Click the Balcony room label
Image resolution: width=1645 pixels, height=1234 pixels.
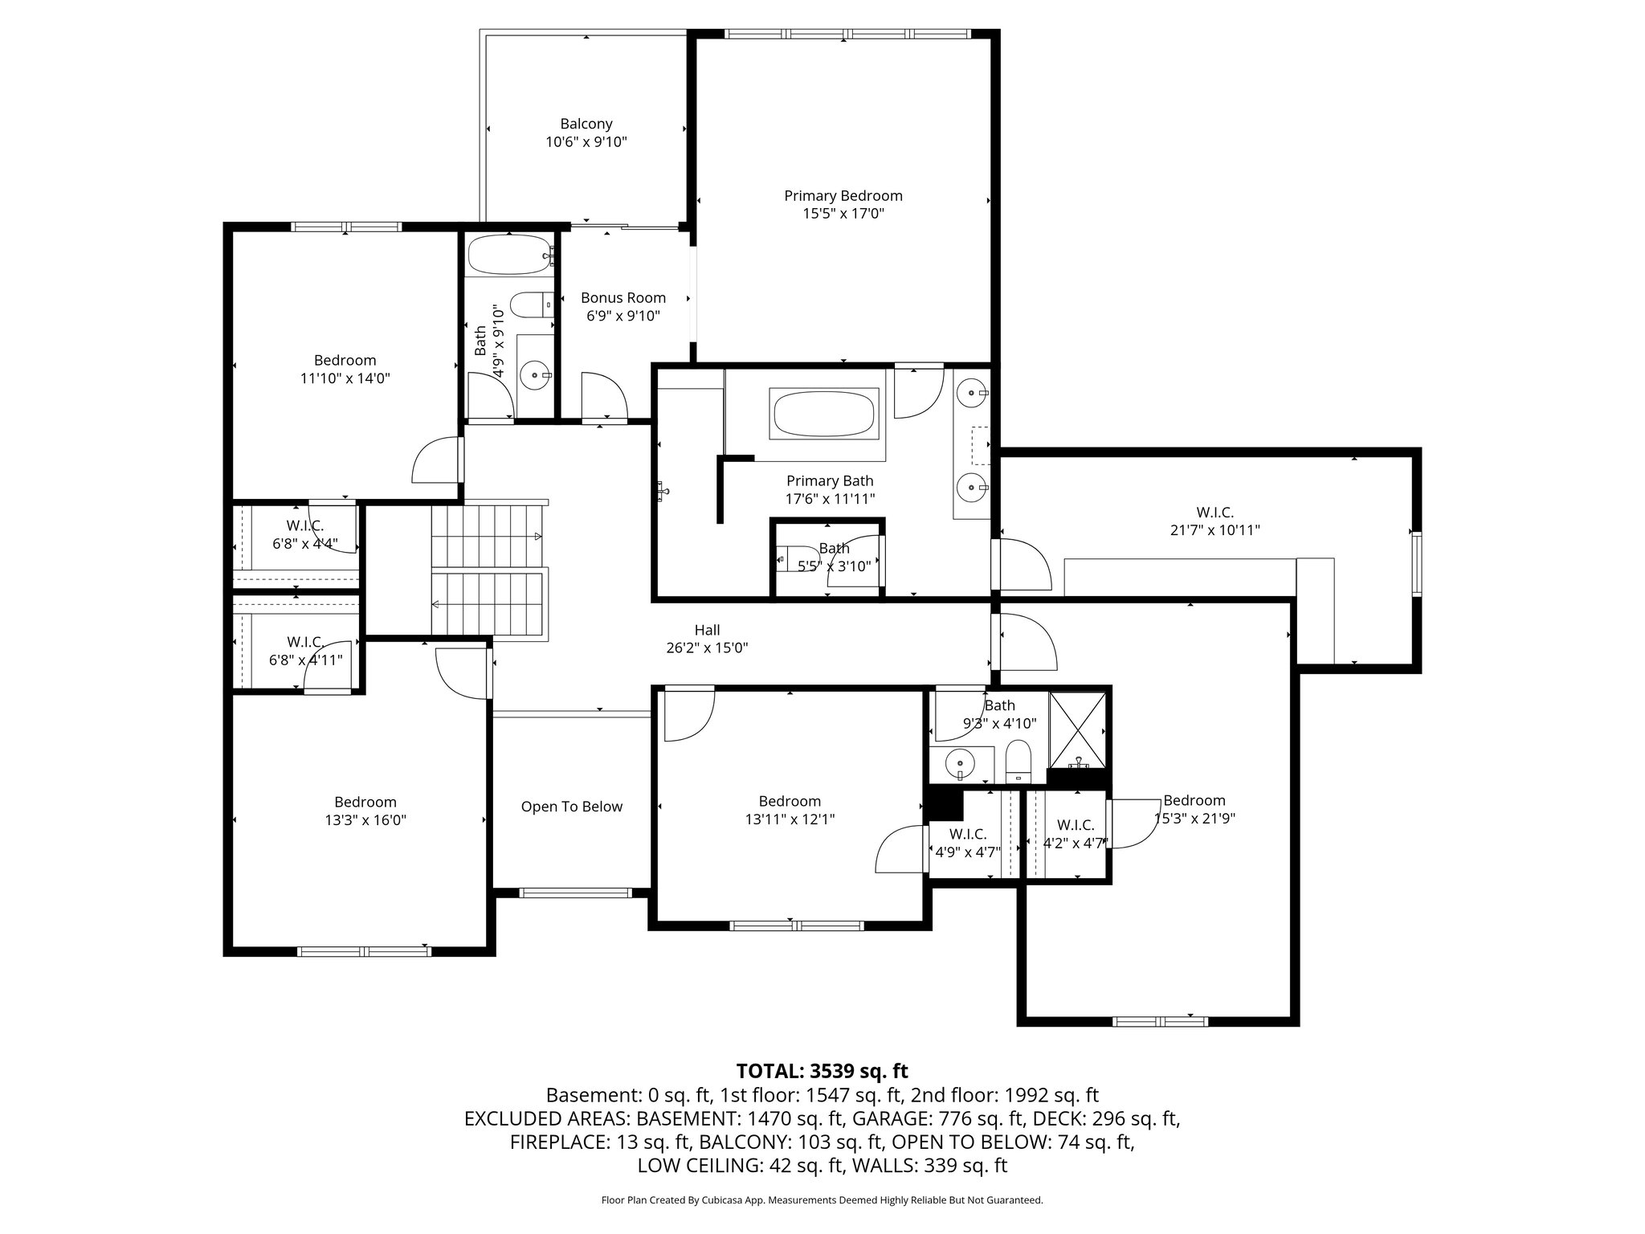click(x=586, y=124)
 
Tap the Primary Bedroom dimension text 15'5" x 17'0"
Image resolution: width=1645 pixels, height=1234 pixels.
click(x=843, y=214)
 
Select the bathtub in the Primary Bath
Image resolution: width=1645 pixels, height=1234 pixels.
click(x=823, y=413)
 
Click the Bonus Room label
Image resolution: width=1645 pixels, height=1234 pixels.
click(x=623, y=298)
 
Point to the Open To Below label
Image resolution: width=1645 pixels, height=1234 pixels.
click(x=571, y=807)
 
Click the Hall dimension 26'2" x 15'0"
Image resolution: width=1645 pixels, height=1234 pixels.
click(x=707, y=648)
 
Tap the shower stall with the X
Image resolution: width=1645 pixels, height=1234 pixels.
click(x=1077, y=728)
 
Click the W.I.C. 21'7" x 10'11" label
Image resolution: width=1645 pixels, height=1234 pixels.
click(x=1214, y=512)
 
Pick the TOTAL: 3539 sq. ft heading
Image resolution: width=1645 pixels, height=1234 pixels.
click(x=822, y=1071)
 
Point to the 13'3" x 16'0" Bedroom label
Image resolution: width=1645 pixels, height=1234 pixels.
click(x=365, y=802)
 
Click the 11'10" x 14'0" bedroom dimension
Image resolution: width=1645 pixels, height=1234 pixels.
click(x=345, y=378)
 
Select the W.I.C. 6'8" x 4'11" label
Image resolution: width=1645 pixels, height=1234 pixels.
click(x=305, y=642)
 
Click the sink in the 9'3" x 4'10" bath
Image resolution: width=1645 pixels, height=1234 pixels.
click(x=958, y=762)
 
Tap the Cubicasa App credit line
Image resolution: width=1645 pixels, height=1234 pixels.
click(x=822, y=1200)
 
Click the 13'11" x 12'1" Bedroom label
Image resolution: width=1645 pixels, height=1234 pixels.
click(x=790, y=801)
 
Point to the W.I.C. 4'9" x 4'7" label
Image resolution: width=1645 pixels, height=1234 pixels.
click(x=967, y=835)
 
